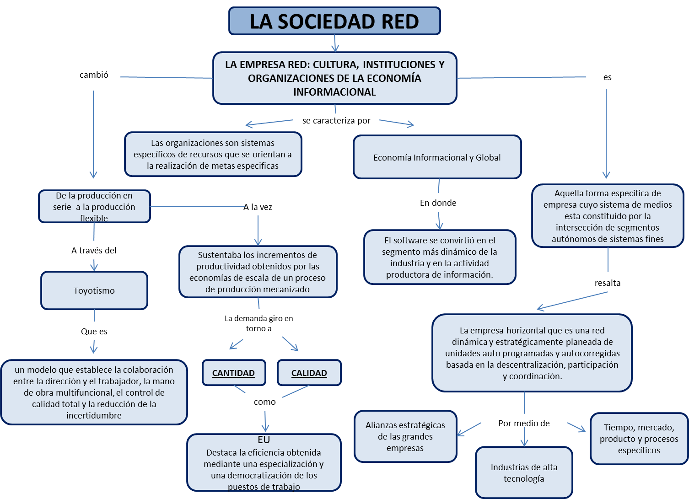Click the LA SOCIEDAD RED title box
coord(334,21)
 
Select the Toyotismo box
coord(94,291)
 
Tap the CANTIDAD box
coord(233,373)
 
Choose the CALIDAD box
coord(309,373)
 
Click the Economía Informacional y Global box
coord(437,157)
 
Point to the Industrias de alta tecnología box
coord(524,472)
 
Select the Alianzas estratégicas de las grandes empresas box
coord(405,436)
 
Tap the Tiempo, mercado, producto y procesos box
coord(639,439)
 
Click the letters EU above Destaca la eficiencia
coord(264,440)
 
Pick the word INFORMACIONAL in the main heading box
coord(334,92)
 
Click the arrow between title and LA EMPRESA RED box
coord(335,44)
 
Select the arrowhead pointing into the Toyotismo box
coord(94,266)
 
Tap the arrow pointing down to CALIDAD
coord(291,344)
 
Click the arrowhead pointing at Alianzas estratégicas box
coord(461,433)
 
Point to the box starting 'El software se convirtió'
coord(440,257)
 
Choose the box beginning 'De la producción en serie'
coord(94,207)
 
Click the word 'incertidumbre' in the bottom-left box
coord(94,415)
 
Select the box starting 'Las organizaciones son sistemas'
coord(213,154)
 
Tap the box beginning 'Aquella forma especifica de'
coord(607,216)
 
